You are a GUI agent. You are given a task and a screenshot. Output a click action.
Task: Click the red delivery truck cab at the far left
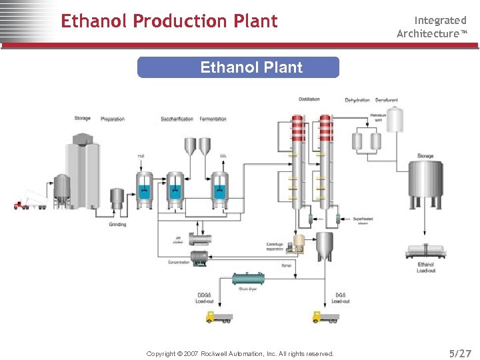point(19,204)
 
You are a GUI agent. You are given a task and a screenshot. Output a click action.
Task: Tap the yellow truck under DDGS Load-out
point(219,317)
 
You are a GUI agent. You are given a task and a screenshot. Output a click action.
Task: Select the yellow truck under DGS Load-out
point(325,317)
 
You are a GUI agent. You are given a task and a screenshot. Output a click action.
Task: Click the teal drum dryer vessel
point(248,278)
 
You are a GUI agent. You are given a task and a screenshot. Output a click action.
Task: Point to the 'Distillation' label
point(309,99)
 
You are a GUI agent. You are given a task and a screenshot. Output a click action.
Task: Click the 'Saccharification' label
point(177,119)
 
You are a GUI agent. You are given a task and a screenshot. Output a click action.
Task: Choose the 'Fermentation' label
point(213,119)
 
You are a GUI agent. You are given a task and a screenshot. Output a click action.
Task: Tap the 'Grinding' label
point(117,225)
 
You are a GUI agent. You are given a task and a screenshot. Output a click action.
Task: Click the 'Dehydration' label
point(357,100)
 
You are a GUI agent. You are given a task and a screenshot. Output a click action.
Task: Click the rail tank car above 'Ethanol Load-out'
point(425,251)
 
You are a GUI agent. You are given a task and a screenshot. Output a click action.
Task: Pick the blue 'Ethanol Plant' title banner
point(238,67)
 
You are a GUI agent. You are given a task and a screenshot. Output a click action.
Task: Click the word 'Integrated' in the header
point(440,21)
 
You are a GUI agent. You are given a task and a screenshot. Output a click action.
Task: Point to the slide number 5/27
point(460,353)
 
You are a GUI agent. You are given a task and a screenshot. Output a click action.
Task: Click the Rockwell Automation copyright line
point(240,353)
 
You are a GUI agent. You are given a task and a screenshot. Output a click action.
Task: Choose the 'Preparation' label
point(113,119)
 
